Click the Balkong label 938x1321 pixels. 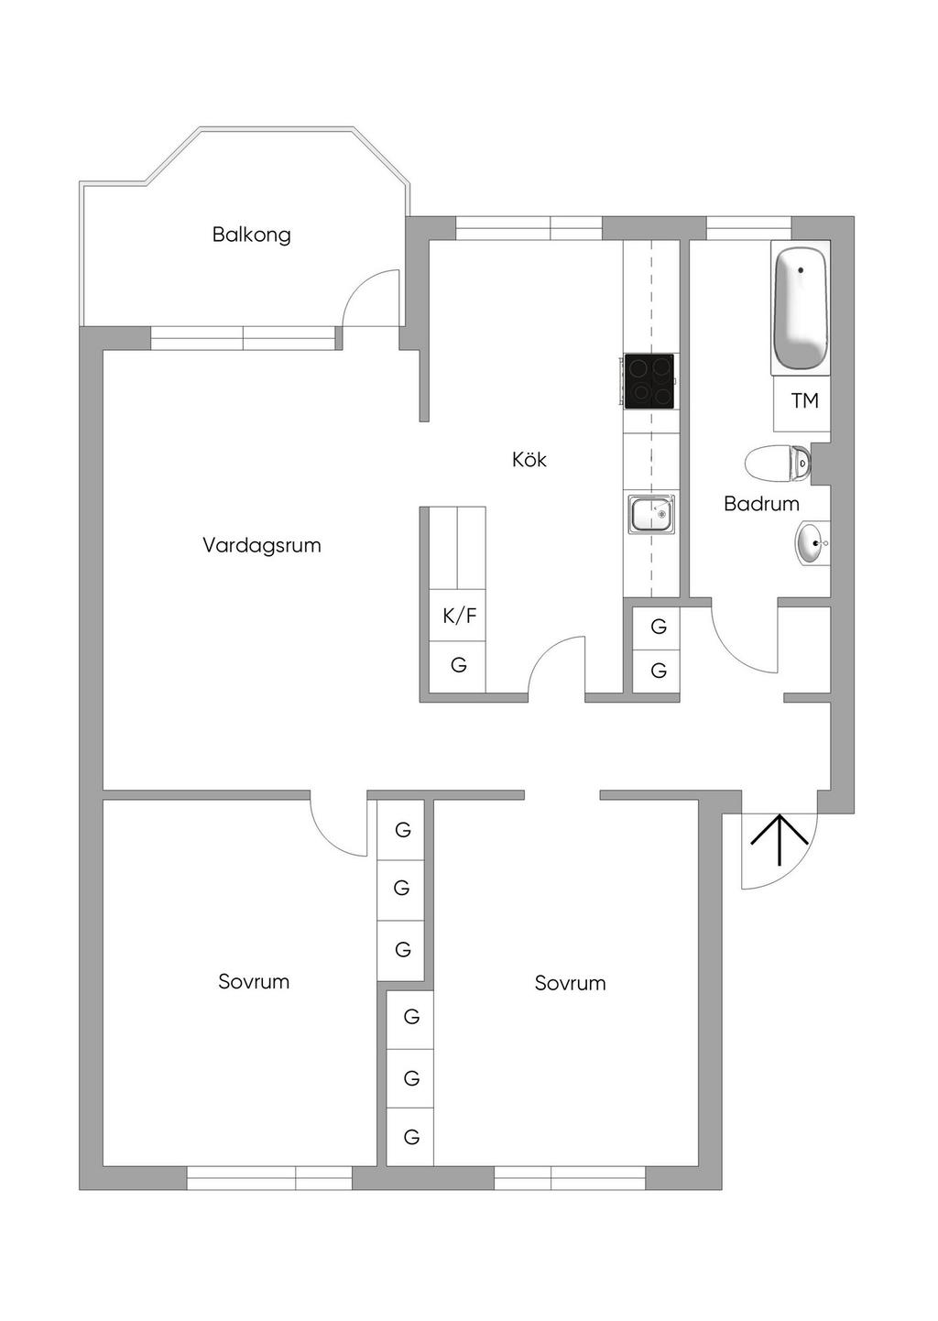pyautogui.click(x=252, y=235)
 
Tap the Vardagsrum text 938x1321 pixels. pyautogui.click(x=261, y=546)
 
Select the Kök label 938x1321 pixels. pyautogui.click(x=529, y=459)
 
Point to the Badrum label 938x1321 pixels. pyautogui.click(x=761, y=503)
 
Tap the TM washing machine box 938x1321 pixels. pyautogui.click(x=803, y=401)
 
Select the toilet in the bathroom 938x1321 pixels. pyautogui.click(x=779, y=463)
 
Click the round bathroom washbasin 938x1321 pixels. pyautogui.click(x=810, y=543)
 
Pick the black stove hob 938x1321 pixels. pyautogui.click(x=649, y=381)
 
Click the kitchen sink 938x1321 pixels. pyautogui.click(x=651, y=513)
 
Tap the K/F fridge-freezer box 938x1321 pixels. pyautogui.click(x=459, y=616)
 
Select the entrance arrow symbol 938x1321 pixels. pyautogui.click(x=779, y=838)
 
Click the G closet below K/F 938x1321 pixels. pyautogui.click(x=459, y=665)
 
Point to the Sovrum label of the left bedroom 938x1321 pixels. pyautogui.click(x=254, y=982)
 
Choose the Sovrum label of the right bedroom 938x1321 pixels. pyautogui.click(x=570, y=984)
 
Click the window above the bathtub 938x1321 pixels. pyautogui.click(x=748, y=227)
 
